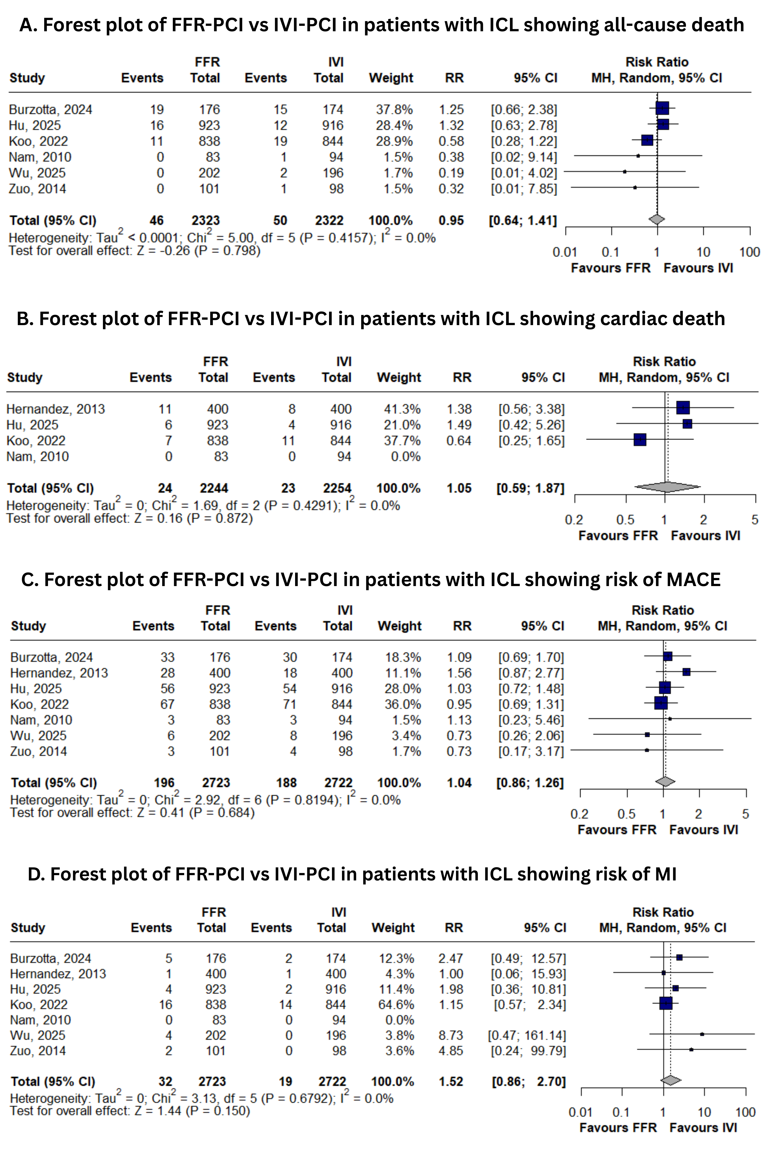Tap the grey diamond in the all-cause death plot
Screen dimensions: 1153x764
[657, 220]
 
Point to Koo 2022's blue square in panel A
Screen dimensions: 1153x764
[647, 140]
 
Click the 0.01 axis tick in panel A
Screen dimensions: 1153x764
[565, 252]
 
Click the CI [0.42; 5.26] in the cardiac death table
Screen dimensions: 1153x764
[531, 425]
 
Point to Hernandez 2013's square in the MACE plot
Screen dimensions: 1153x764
[686, 672]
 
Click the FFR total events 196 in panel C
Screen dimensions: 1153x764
[164, 783]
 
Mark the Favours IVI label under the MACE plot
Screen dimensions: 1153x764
[704, 830]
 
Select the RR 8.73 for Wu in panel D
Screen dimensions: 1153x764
[450, 1035]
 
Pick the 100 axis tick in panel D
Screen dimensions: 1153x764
[745, 1113]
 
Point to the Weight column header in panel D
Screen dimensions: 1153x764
[393, 928]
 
